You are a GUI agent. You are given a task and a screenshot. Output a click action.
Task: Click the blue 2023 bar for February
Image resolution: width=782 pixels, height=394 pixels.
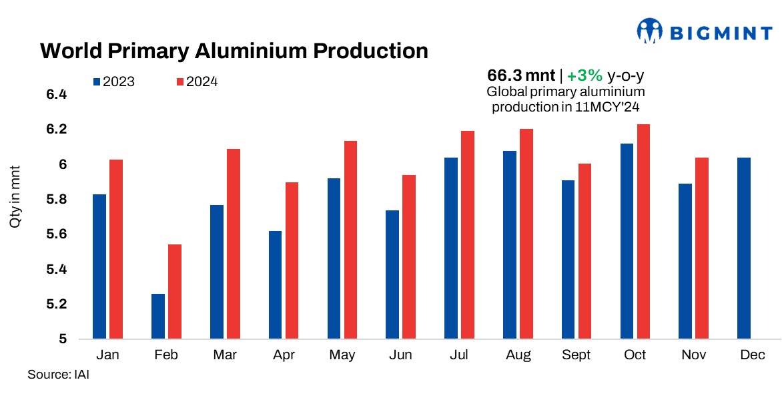pyautogui.click(x=158, y=317)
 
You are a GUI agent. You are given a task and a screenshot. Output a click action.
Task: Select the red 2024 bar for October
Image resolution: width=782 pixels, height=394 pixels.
pyautogui.click(x=644, y=232)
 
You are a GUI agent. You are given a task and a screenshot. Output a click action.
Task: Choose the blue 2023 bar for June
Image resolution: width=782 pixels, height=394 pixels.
pyautogui.click(x=392, y=274)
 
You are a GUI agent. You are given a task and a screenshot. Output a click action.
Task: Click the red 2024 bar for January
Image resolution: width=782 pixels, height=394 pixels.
pyautogui.click(x=116, y=249)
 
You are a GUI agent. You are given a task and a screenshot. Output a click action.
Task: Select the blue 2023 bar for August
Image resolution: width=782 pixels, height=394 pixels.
pyautogui.click(x=510, y=245)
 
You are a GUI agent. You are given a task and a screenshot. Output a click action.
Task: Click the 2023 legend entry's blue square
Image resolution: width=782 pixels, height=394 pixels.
pyautogui.click(x=97, y=82)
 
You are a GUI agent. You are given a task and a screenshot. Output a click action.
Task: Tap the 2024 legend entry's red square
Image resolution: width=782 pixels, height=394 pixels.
pyautogui.click(x=180, y=82)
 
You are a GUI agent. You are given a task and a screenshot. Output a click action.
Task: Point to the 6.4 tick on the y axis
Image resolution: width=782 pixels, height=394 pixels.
pyautogui.click(x=57, y=95)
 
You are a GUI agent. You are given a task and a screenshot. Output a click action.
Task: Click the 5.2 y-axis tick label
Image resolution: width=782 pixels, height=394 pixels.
pyautogui.click(x=57, y=305)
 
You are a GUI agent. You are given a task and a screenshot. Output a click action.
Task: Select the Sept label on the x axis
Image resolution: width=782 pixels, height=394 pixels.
pyautogui.click(x=576, y=355)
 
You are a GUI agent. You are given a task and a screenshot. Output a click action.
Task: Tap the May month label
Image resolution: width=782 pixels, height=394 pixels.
pyautogui.click(x=342, y=355)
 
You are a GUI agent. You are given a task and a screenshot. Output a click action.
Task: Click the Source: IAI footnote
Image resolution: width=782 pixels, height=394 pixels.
pyautogui.click(x=58, y=375)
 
